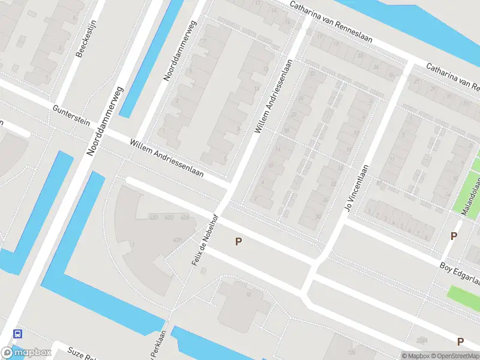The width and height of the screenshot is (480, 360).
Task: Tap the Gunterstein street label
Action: [x=71, y=115]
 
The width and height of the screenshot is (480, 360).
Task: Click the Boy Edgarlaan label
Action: [x=460, y=272]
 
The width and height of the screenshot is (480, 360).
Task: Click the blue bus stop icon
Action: [x=18, y=334]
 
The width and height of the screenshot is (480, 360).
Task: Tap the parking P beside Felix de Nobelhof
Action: [x=238, y=242]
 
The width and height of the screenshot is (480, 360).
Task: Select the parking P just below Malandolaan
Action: [x=454, y=236]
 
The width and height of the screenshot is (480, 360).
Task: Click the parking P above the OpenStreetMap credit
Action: [x=460, y=341]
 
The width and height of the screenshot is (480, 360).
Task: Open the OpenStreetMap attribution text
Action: [x=454, y=356]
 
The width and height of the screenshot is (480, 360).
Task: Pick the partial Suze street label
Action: [x=81, y=353]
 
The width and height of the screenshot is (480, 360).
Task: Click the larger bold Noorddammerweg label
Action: [x=104, y=122]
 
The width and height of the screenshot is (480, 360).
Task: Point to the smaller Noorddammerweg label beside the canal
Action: [x=180, y=51]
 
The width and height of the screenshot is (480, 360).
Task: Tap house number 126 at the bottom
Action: [x=352, y=352]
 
